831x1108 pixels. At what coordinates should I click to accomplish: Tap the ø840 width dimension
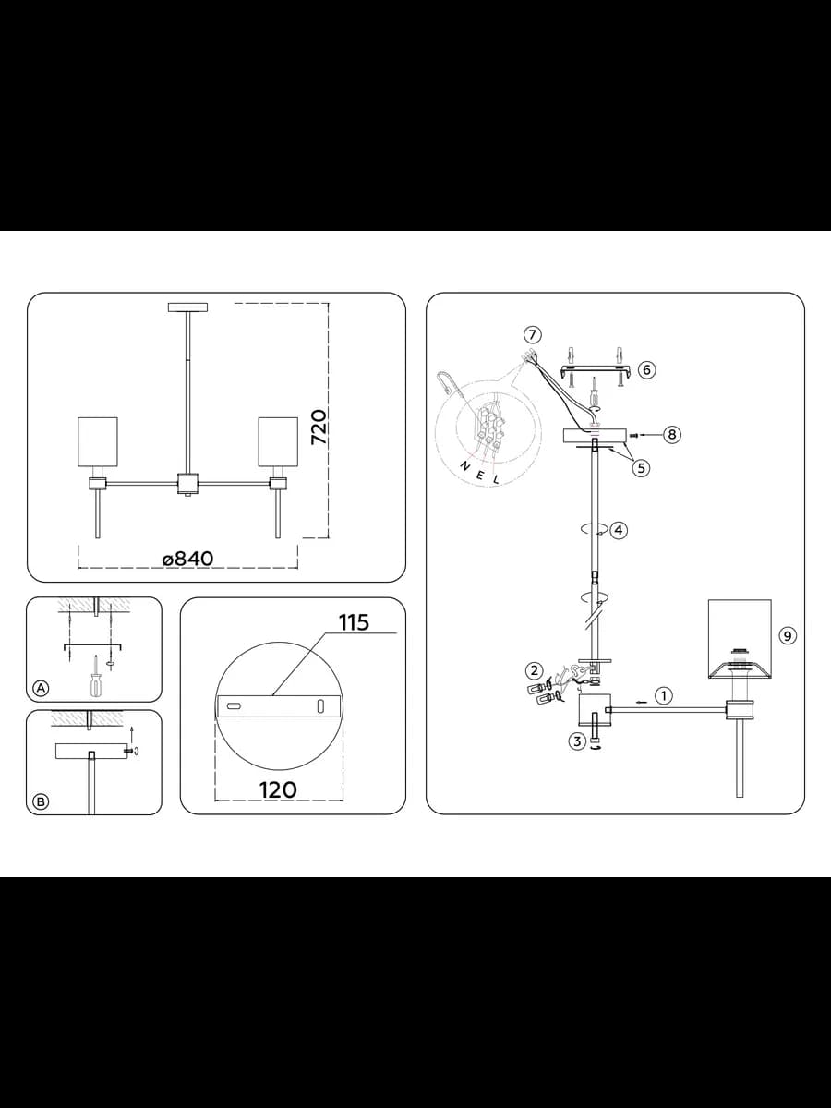point(187,559)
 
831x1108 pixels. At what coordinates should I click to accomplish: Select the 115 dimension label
point(354,622)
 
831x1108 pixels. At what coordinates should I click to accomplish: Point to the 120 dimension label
point(278,790)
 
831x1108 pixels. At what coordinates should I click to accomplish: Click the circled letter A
point(42,688)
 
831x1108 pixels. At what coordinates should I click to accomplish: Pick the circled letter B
point(42,801)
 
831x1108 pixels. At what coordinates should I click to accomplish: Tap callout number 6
point(647,370)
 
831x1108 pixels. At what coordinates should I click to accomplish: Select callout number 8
point(672,434)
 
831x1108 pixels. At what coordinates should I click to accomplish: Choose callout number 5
point(641,468)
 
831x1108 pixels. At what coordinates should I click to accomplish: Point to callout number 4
point(619,530)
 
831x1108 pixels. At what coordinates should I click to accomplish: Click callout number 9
point(788,635)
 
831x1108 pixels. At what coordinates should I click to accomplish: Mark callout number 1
point(664,696)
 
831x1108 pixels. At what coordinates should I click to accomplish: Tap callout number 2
point(534,671)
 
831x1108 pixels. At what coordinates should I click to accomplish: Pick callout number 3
point(577,741)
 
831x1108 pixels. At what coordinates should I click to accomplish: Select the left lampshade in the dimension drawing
point(97,441)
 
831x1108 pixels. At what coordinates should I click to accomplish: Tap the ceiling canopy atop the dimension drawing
point(187,307)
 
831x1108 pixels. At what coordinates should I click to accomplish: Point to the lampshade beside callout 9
point(740,639)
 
